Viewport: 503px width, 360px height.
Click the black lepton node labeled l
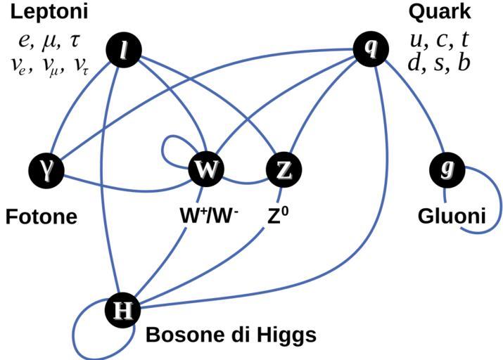pos(124,50)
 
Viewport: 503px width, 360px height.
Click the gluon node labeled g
pos(445,169)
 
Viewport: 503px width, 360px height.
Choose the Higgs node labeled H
pos(123,310)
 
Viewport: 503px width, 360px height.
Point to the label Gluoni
pos(451,217)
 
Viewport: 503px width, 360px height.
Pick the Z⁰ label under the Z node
pos(279,215)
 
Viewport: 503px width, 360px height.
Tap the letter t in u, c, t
pos(464,39)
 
